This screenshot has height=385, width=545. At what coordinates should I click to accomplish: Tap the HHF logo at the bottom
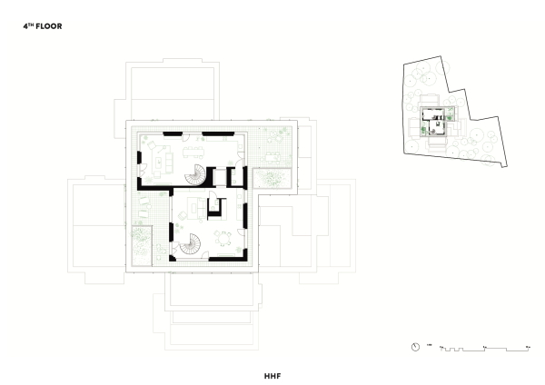(x=272, y=373)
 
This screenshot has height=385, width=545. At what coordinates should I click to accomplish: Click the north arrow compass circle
(x=415, y=347)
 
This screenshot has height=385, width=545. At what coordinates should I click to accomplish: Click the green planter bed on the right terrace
(x=272, y=178)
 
